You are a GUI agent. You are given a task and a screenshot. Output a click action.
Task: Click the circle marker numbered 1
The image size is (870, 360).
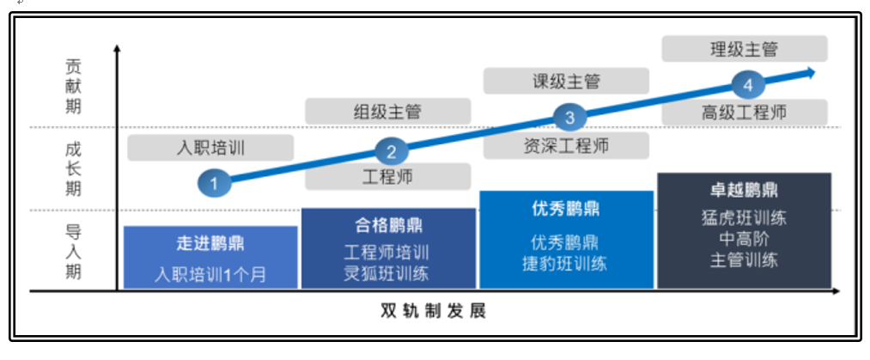click(214, 182)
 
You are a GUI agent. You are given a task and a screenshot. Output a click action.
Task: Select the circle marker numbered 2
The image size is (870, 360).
click(392, 151)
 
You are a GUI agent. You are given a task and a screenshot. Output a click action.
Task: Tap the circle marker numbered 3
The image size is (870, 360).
click(569, 118)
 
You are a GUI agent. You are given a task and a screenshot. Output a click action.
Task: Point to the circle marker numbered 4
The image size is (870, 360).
click(748, 85)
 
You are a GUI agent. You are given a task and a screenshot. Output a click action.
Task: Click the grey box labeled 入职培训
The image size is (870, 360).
click(210, 148)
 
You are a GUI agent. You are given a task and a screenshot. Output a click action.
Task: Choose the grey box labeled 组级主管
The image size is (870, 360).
click(388, 112)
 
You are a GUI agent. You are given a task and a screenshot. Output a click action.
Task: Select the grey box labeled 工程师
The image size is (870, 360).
click(388, 176)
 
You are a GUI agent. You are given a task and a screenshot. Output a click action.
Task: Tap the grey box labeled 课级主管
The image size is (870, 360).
click(566, 81)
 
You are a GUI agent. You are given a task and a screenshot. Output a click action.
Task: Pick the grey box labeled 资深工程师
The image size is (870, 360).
click(566, 145)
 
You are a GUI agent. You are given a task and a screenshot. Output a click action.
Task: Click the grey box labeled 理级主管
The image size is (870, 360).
click(745, 49)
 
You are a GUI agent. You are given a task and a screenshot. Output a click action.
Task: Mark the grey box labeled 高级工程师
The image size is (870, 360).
click(745, 113)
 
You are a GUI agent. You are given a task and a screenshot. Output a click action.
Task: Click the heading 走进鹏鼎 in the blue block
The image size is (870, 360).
click(210, 243)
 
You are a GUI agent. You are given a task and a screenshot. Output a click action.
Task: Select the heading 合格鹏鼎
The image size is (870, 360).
click(388, 225)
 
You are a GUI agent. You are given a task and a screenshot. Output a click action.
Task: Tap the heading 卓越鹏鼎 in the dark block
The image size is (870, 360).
click(744, 190)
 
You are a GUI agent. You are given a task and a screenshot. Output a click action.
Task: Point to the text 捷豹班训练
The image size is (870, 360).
click(565, 264)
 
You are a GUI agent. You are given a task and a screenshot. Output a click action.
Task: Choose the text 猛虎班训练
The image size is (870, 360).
click(744, 217)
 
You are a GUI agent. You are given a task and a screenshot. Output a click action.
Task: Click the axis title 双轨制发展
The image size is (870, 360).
click(434, 311)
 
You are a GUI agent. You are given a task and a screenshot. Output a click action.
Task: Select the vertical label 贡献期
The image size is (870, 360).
click(73, 87)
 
